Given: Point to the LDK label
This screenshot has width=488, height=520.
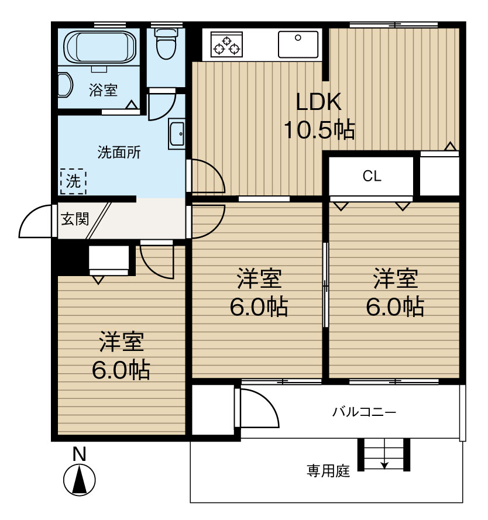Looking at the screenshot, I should [318, 102].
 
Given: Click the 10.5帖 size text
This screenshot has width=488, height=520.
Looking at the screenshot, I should [319, 129].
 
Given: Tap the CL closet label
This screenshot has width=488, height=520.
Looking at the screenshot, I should [372, 176].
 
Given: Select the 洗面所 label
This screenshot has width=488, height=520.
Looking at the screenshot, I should [119, 153].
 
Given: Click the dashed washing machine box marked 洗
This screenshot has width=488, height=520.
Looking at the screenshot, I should [73, 182].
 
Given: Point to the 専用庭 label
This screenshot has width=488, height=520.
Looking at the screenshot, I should [328, 470].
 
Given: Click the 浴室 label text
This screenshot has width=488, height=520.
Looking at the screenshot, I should [103, 91].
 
